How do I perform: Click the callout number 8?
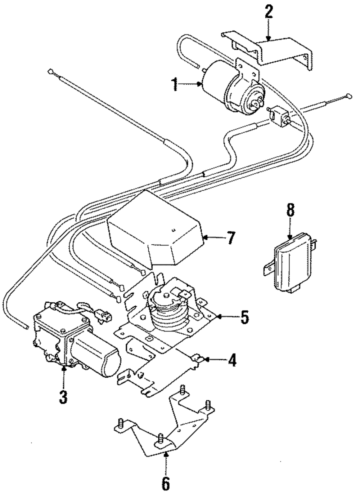[290, 210]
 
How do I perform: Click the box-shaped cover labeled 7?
[155, 227]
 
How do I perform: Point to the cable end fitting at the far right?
[348, 95]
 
